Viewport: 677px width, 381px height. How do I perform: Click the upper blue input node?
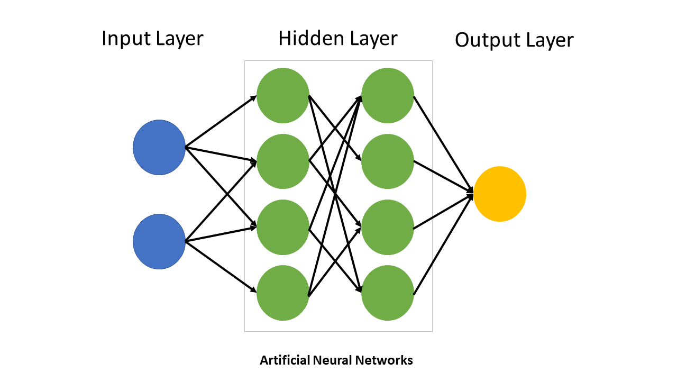159,147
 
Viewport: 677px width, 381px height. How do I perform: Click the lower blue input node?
159,241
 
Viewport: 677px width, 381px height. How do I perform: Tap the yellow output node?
499,194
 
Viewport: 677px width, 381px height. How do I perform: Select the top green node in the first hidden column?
282,96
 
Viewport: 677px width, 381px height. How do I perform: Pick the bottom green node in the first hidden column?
282,293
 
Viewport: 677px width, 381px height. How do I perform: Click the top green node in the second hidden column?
387,96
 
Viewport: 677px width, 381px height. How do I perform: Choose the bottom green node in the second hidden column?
387,293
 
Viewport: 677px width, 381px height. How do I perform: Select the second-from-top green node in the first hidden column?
282,161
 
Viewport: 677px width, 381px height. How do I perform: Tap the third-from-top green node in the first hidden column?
282,227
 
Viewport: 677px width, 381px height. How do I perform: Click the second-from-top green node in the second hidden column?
387,161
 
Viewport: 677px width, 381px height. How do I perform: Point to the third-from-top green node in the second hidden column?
387,227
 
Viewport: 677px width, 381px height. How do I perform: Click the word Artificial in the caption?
285,361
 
